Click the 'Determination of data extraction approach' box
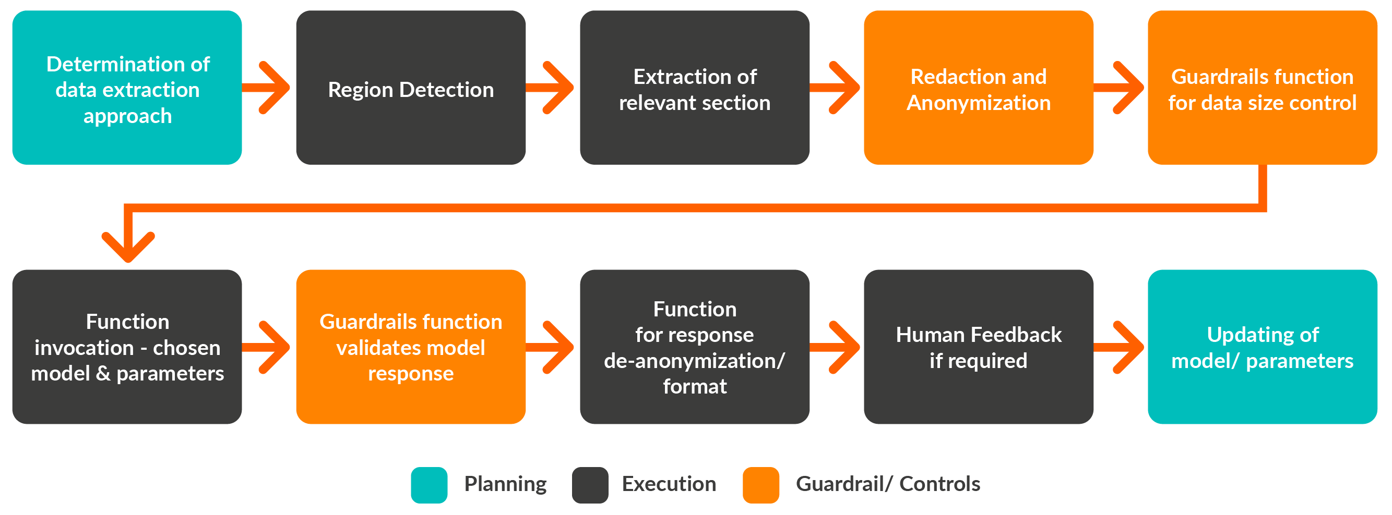pos(127,88)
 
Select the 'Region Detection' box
pos(411,88)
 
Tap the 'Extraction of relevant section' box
pos(694,88)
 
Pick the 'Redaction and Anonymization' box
pos(979,88)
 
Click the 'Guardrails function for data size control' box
pos(1263,88)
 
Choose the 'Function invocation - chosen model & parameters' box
pos(127,347)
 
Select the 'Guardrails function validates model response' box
pos(411,347)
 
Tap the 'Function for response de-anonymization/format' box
pos(694,347)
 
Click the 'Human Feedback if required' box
pos(979,347)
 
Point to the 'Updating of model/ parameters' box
pos(1263,347)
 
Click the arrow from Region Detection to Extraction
pos(550,88)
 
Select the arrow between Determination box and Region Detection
pos(266,88)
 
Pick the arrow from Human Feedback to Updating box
pos(1119,347)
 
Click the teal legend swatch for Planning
pos(429,485)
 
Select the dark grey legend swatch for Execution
pos(590,485)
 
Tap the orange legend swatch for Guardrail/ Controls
pos(761,485)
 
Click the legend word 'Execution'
pos(669,484)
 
